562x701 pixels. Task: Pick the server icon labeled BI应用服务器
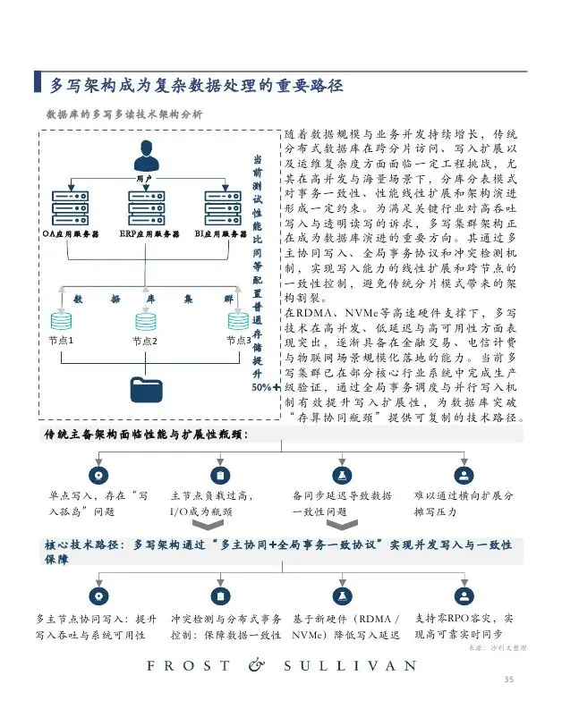[222, 207]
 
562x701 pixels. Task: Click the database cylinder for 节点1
[61, 319]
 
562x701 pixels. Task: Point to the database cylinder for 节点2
[145, 319]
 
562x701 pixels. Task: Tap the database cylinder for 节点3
[237, 319]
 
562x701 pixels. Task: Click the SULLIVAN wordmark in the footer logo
[350, 666]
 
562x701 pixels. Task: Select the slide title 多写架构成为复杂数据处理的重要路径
[195, 85]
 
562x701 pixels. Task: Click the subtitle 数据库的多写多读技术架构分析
[123, 114]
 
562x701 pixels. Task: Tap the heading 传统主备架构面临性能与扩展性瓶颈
[147, 434]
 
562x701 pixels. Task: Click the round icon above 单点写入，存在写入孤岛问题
[98, 475]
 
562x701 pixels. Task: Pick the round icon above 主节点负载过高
[220, 475]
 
